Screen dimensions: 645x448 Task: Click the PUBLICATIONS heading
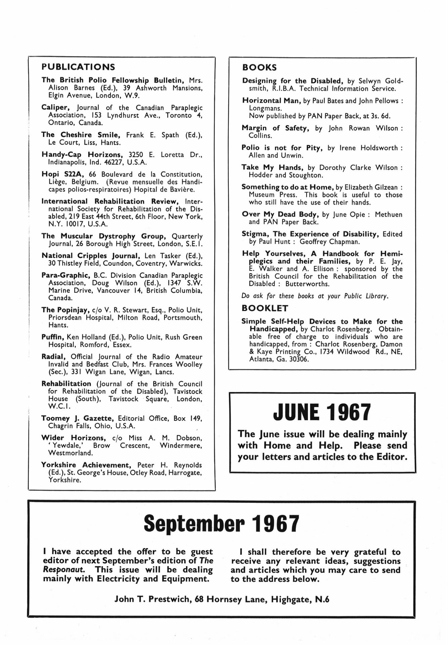[78, 67]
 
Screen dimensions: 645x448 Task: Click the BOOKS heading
[259, 68]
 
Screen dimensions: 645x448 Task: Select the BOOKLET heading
[265, 308]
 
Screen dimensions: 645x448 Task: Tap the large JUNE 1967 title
[322, 412]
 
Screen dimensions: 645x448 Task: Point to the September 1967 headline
[221, 524]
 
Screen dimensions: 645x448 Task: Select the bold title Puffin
[53, 337]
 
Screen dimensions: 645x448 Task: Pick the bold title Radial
[53, 356]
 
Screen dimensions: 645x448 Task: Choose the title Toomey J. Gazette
[77, 418]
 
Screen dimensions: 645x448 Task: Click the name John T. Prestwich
[153, 599]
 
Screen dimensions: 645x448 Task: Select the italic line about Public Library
[315, 296]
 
